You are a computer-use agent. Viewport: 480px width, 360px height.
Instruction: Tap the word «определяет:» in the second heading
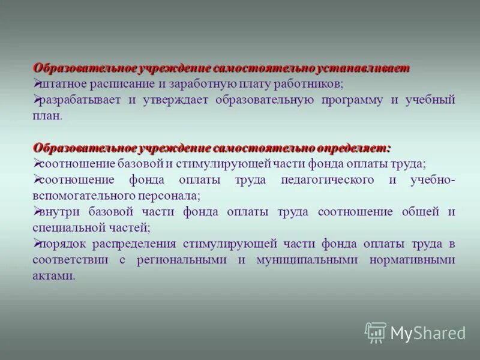click(358, 148)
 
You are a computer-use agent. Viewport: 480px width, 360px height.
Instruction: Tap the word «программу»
click(353, 100)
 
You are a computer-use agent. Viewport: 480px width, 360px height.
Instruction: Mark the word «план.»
click(47, 116)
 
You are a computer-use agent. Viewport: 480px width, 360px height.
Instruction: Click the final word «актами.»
click(55, 276)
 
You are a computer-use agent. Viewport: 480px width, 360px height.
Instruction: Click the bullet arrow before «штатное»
click(37, 83)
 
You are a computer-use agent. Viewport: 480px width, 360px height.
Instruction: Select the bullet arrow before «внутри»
click(37, 211)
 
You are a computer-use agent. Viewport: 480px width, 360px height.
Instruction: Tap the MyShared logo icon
click(375, 332)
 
